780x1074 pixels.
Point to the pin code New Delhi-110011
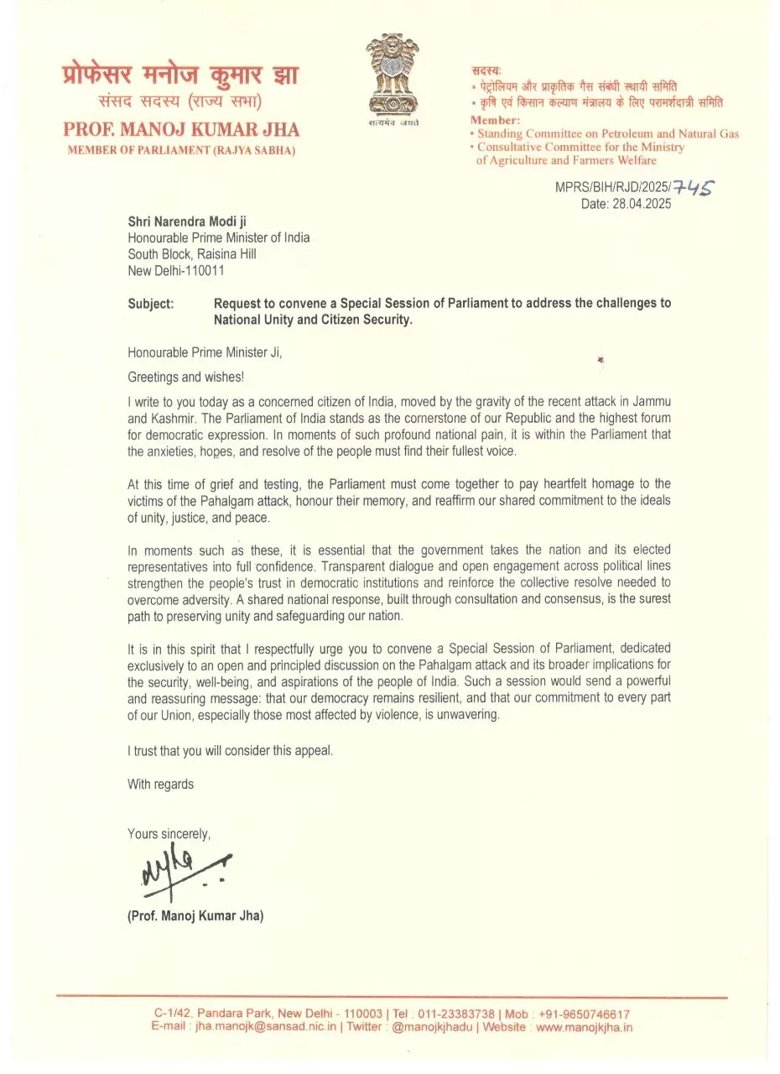point(176,271)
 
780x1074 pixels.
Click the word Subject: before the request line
point(151,303)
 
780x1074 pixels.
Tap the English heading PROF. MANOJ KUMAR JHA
point(181,130)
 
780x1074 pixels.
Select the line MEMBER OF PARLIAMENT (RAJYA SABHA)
point(181,150)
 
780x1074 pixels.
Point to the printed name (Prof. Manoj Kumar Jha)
point(195,916)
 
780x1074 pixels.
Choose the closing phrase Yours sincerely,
point(169,833)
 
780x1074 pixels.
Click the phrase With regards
point(160,784)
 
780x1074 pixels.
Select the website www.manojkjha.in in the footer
point(585,1026)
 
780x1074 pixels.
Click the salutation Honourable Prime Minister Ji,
point(205,353)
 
